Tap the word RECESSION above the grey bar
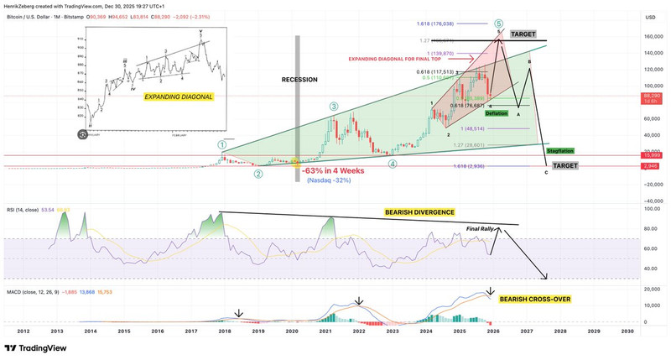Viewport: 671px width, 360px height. pos(299,80)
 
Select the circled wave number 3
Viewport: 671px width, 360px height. pos(334,107)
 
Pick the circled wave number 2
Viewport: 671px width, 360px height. pos(258,174)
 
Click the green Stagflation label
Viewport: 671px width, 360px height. pos(559,151)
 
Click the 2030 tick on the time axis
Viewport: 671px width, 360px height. pos(627,331)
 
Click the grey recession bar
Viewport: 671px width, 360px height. pos(294,126)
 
